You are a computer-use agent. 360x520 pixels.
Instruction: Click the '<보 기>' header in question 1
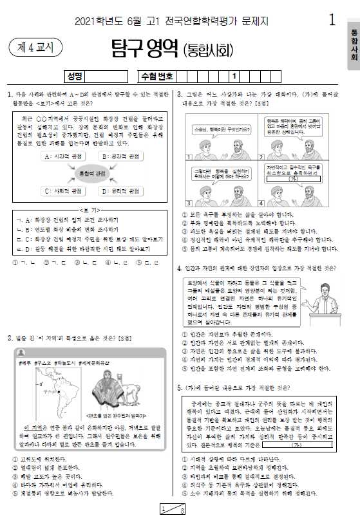[x=91, y=210]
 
